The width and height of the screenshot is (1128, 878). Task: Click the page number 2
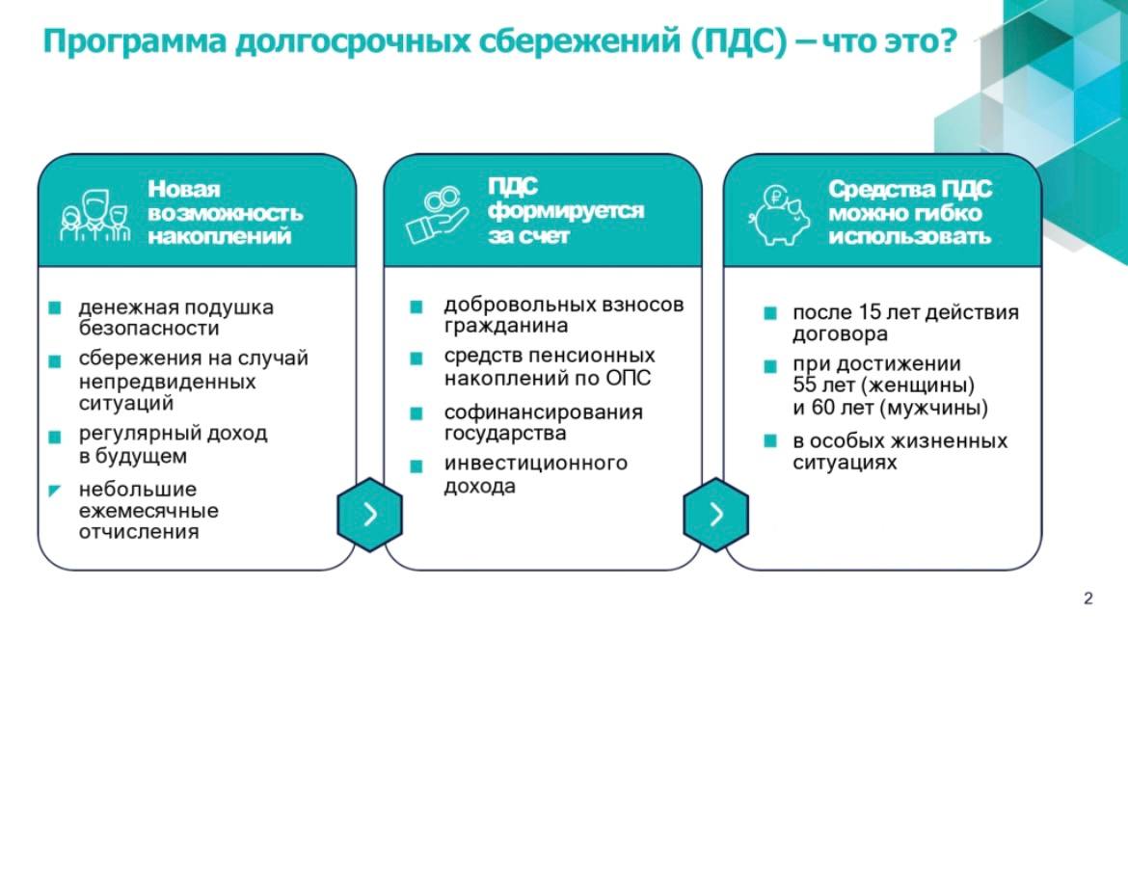point(1088,599)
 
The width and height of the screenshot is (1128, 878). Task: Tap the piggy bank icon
point(779,215)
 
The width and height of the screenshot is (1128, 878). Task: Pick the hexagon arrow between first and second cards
point(370,514)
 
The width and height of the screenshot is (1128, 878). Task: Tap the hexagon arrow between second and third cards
point(715,514)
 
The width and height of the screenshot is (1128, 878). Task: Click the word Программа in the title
point(135,41)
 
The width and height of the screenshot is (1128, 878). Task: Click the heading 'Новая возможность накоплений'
point(225,212)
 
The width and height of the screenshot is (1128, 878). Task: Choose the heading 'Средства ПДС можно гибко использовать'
point(909,212)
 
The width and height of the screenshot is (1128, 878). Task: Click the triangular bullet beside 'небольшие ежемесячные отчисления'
point(55,492)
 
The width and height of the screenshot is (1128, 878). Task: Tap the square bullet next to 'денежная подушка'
point(55,307)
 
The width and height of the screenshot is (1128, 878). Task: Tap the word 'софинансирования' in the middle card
point(543,412)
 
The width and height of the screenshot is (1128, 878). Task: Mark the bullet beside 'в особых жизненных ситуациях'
point(769,440)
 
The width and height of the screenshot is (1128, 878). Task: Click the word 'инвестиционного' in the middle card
point(535,463)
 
